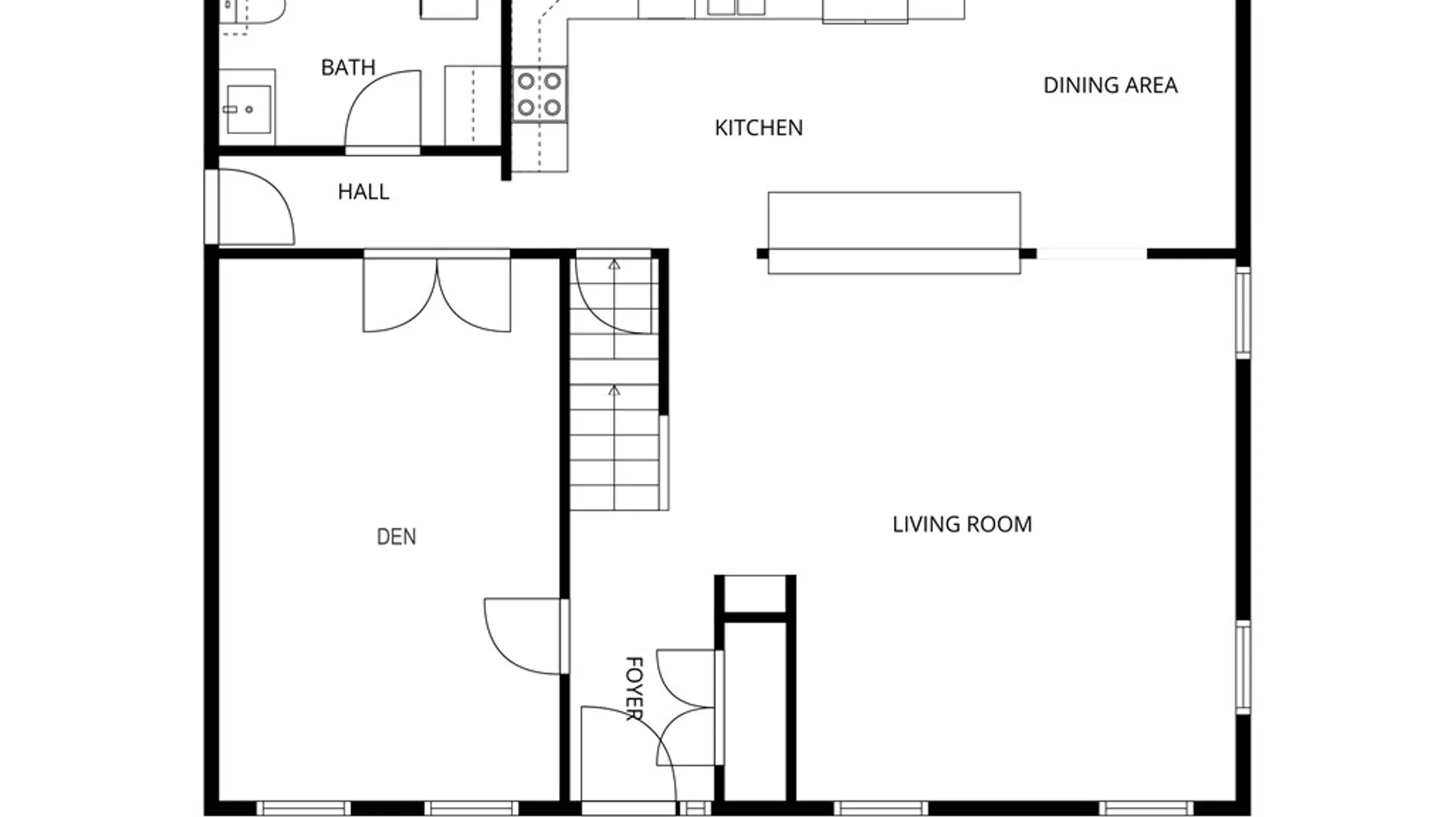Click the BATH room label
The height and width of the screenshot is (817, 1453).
348,67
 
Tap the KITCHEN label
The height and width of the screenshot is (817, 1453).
759,128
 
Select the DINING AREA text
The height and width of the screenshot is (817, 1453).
1110,85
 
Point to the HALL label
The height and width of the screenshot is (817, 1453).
363,192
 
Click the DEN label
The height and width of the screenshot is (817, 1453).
396,537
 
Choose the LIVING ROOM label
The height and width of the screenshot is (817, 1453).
962,524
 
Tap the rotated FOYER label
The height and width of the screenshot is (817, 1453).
634,688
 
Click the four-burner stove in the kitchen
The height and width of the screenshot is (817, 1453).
540,94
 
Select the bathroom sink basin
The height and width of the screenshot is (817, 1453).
249,110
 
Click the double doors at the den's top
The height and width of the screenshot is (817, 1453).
437,294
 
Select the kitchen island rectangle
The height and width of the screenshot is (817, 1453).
894,233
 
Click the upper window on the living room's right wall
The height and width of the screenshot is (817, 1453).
1243,312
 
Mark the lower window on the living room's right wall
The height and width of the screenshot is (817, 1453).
1243,667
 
